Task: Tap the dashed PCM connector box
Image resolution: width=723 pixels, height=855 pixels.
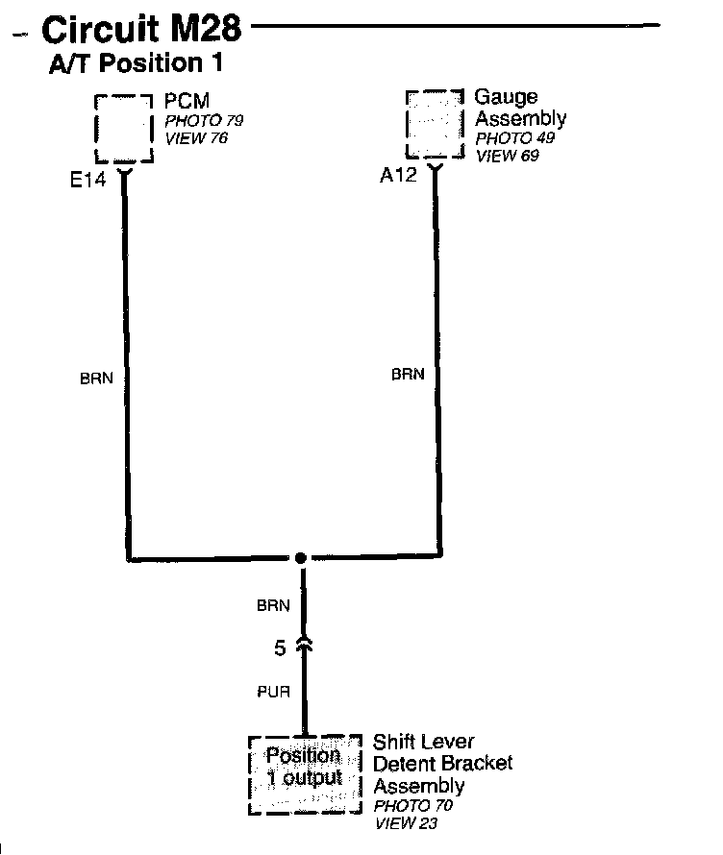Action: pos(124,129)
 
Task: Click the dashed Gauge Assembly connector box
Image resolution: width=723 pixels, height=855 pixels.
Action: pos(435,125)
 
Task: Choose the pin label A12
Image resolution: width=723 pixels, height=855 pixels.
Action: pos(398,176)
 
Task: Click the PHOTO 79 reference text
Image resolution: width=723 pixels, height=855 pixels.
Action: pos(204,121)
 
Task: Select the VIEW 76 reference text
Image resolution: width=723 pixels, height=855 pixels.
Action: pos(196,138)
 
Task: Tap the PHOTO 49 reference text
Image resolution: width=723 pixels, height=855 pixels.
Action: pos(514,138)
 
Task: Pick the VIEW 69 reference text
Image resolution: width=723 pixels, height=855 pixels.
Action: pos(508,156)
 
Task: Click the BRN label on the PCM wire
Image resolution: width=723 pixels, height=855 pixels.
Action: pos(96,379)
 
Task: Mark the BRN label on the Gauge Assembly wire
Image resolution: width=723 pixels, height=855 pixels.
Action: pos(408,375)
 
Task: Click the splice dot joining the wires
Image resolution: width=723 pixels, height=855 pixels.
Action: pos(301,558)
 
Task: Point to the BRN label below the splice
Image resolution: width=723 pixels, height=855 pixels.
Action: pos(273,606)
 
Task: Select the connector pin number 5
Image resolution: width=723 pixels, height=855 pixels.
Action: pos(280,649)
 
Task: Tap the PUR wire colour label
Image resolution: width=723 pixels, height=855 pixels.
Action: pos(273,692)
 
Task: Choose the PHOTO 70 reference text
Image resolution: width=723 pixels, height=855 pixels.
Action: pos(413,806)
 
